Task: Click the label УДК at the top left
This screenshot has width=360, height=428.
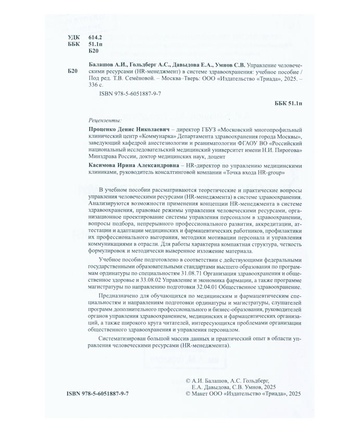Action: [74, 39]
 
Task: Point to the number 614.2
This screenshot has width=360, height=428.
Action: [95, 39]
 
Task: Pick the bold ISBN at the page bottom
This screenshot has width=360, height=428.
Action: [98, 395]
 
